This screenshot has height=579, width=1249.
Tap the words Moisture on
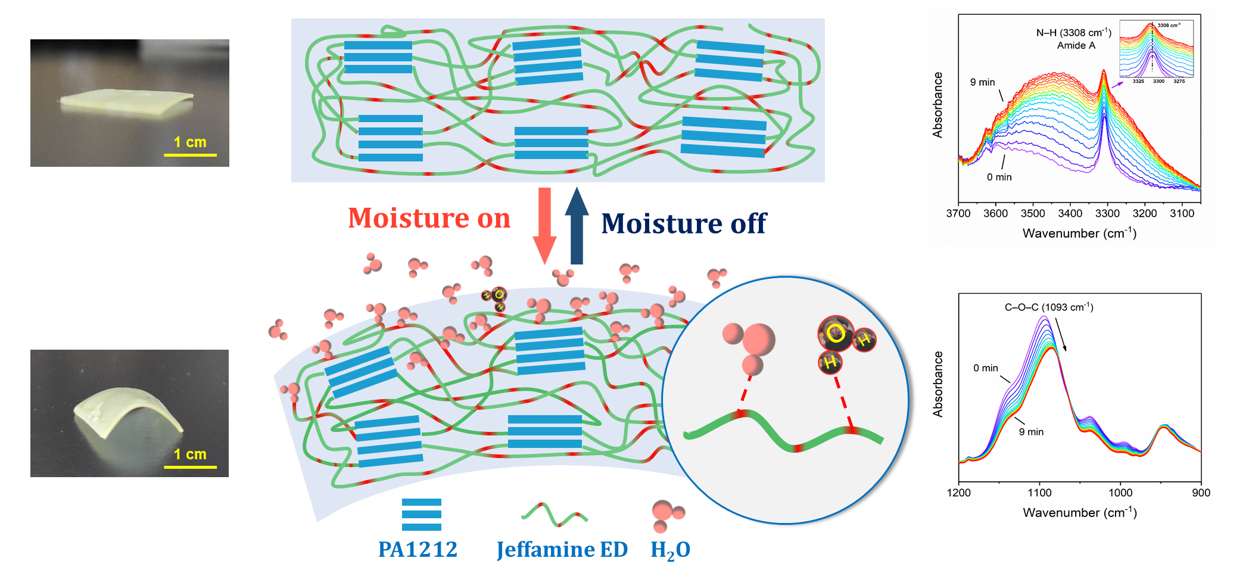(x=429, y=218)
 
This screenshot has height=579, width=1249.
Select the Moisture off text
(x=684, y=224)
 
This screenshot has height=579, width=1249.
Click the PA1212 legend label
(x=418, y=549)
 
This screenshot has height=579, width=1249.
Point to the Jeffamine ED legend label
(x=562, y=549)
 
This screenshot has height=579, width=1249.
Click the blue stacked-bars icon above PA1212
(x=422, y=515)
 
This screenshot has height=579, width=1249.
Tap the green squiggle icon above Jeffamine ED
(x=555, y=515)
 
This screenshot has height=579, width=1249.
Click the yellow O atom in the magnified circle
(x=835, y=334)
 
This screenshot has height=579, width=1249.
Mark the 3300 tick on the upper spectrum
(x=1107, y=213)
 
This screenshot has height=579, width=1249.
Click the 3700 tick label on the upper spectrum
(x=958, y=213)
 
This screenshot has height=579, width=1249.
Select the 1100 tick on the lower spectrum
(x=1039, y=493)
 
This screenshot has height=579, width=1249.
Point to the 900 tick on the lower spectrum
(x=1201, y=493)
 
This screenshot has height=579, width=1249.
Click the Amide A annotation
(x=1076, y=46)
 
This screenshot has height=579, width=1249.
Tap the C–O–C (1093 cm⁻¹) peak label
(x=1049, y=307)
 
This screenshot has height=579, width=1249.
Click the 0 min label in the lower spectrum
(x=985, y=368)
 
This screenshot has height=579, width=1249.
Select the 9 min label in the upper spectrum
(x=982, y=82)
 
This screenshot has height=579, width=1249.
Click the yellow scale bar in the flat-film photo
(x=190, y=155)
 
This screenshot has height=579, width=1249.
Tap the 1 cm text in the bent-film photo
(x=190, y=455)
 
